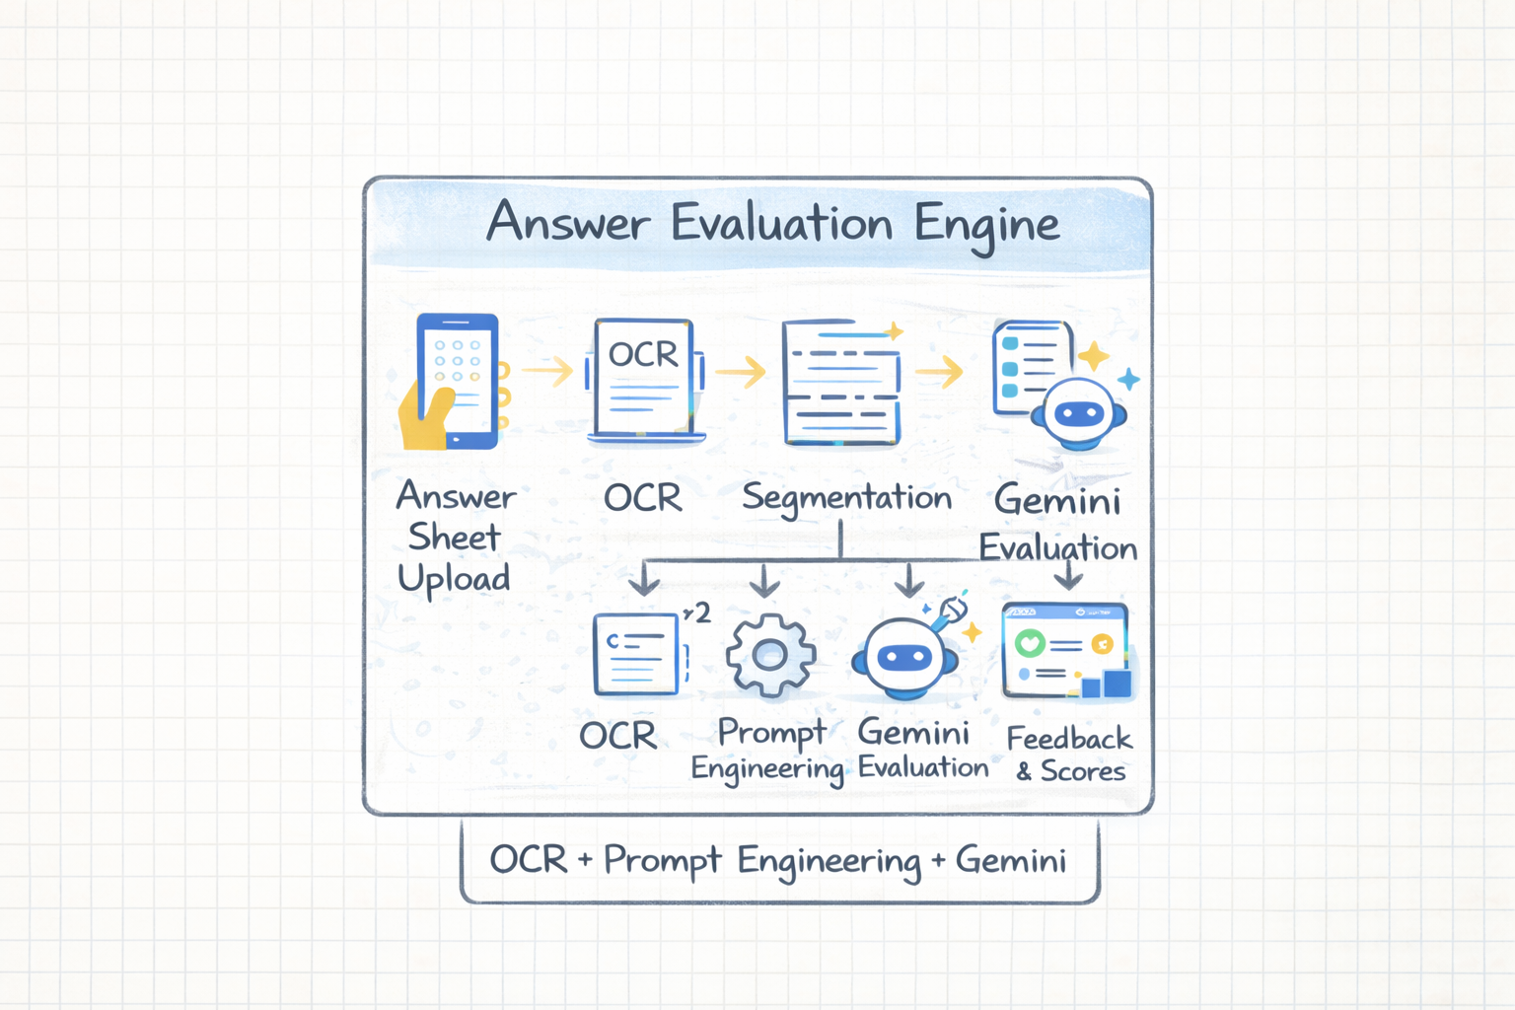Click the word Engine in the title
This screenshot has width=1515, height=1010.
pyautogui.click(x=986, y=225)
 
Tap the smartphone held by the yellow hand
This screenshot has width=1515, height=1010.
pyautogui.click(x=458, y=381)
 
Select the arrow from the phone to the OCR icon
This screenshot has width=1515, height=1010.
pyautogui.click(x=547, y=371)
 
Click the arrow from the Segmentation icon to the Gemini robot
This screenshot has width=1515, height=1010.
pyautogui.click(x=939, y=372)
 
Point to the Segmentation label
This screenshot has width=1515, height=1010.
pyautogui.click(x=846, y=498)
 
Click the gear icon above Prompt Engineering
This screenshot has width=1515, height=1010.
pyautogui.click(x=770, y=654)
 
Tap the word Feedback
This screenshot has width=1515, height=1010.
pyautogui.click(x=1069, y=738)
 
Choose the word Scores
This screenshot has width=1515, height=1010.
pyautogui.click(x=1083, y=771)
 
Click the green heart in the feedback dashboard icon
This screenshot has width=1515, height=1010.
pyautogui.click(x=1030, y=644)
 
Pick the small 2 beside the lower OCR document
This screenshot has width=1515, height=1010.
pyautogui.click(x=702, y=613)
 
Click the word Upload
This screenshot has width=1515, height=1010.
pyautogui.click(x=454, y=579)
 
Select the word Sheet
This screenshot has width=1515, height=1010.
pyautogui.click(x=454, y=538)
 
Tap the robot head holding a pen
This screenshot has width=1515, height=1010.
pyautogui.click(x=905, y=657)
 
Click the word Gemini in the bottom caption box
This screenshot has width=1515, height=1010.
pyautogui.click(x=1011, y=860)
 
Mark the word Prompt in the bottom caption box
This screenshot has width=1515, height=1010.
pyautogui.click(x=662, y=860)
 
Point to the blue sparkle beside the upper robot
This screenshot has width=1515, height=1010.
pyautogui.click(x=1129, y=379)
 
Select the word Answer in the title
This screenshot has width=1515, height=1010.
pyautogui.click(x=568, y=223)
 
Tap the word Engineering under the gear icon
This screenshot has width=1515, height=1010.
pyautogui.click(x=767, y=769)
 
